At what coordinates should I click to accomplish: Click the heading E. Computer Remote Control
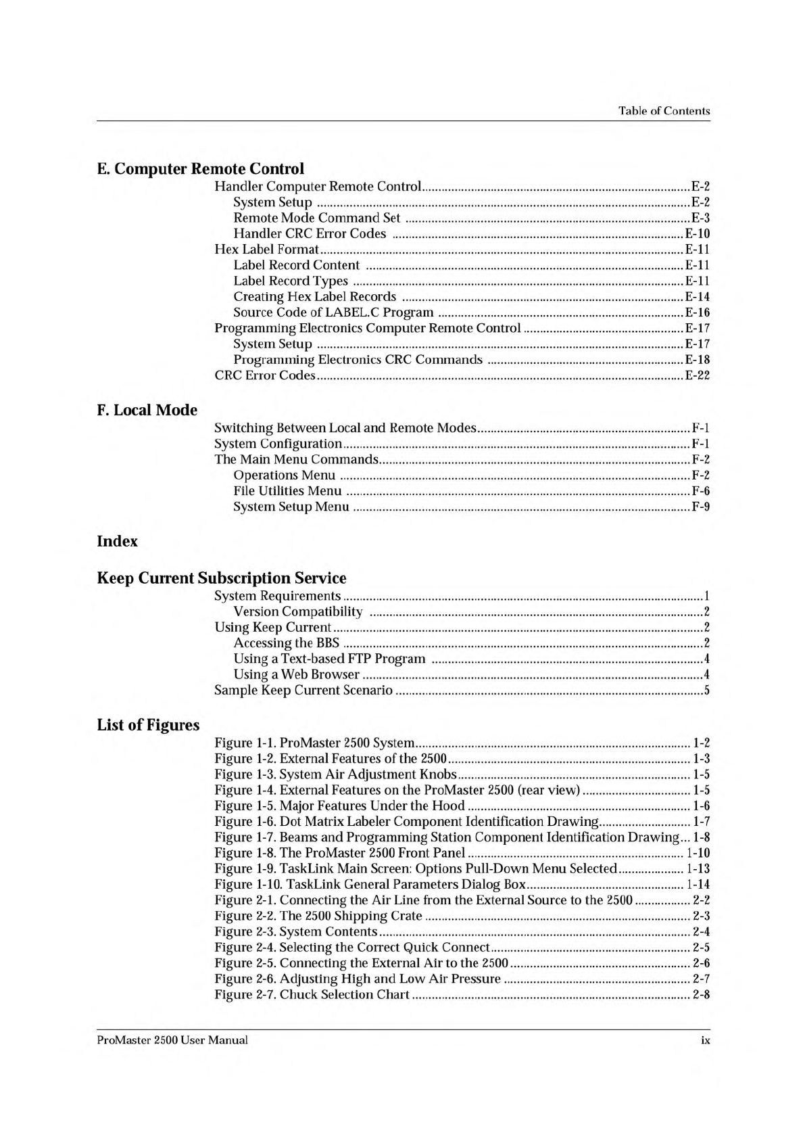click(201, 168)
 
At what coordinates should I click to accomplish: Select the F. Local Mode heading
click(147, 410)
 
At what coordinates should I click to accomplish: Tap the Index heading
click(118, 541)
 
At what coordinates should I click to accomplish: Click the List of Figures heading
click(148, 725)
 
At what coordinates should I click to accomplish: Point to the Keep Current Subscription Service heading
click(222, 578)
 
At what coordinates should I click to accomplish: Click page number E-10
click(697, 234)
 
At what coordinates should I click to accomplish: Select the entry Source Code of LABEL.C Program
click(333, 312)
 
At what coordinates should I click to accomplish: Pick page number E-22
click(697, 375)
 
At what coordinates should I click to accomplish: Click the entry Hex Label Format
click(266, 250)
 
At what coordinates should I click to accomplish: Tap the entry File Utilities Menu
click(287, 491)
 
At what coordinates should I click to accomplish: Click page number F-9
click(701, 507)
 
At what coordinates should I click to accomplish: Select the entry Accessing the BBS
click(287, 643)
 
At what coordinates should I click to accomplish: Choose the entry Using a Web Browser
click(296, 674)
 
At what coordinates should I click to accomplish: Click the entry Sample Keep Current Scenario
click(303, 691)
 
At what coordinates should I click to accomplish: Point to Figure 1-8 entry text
click(339, 853)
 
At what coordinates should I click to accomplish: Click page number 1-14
click(698, 885)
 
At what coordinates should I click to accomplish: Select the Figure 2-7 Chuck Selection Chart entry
click(312, 994)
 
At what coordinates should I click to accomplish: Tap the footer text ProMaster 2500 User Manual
click(172, 1040)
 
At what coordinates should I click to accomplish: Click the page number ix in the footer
click(705, 1041)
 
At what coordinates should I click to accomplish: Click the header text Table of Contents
click(664, 111)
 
